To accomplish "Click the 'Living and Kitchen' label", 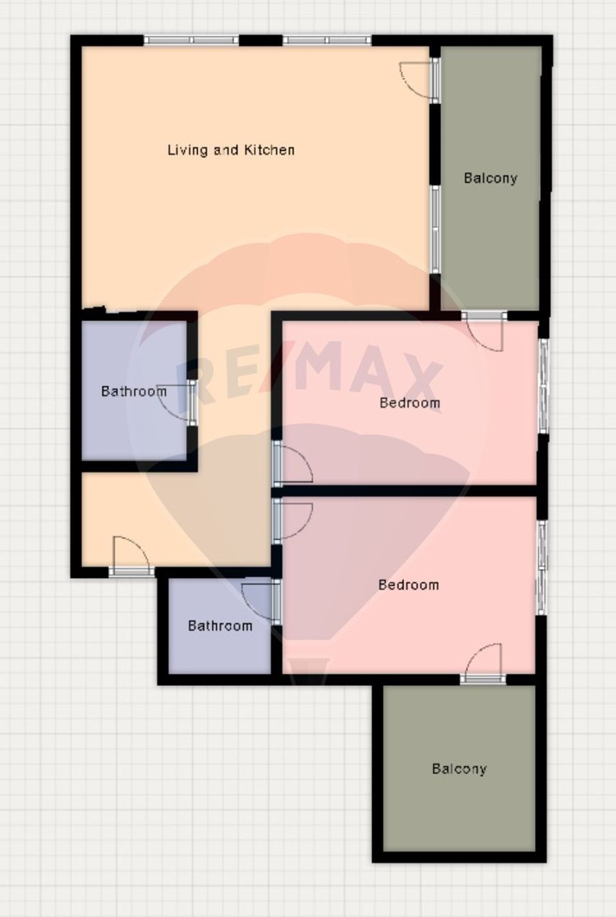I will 231,150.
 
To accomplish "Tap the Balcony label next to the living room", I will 490,178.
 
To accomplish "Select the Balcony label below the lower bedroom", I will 459,768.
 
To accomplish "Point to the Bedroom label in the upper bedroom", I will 409,403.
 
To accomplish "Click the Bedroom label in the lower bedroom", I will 408,585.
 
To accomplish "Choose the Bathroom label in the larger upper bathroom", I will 133,391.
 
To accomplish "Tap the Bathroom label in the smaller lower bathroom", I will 219,626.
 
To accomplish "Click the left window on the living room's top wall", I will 191,40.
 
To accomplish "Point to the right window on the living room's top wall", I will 327,40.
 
